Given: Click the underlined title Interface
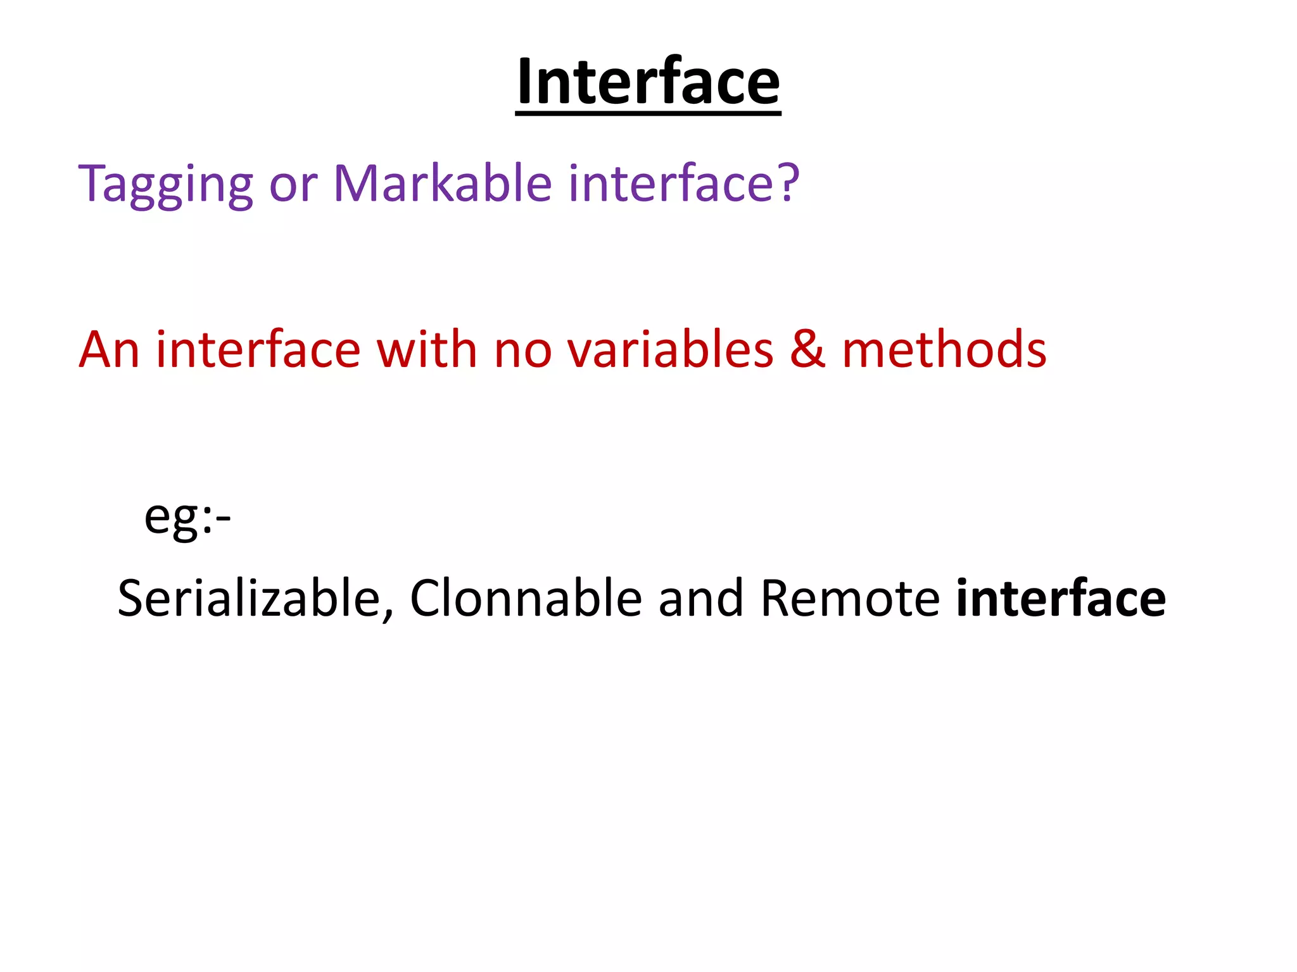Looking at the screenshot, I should click(x=648, y=82).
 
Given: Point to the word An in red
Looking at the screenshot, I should click(x=109, y=349).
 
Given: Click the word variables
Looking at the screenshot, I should click(x=670, y=349).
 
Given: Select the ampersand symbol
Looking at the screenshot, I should click(x=807, y=349).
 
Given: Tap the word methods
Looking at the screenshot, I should click(x=944, y=349).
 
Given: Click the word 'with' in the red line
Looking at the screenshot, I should click(x=426, y=349).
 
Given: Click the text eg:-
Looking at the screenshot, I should click(x=187, y=516).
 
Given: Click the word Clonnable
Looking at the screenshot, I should click(x=526, y=599).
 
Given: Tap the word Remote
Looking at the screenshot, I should click(x=850, y=599).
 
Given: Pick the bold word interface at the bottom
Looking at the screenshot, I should click(x=1061, y=599).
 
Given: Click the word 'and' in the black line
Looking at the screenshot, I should click(x=700, y=599).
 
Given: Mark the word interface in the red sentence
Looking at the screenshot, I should click(x=258, y=349).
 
